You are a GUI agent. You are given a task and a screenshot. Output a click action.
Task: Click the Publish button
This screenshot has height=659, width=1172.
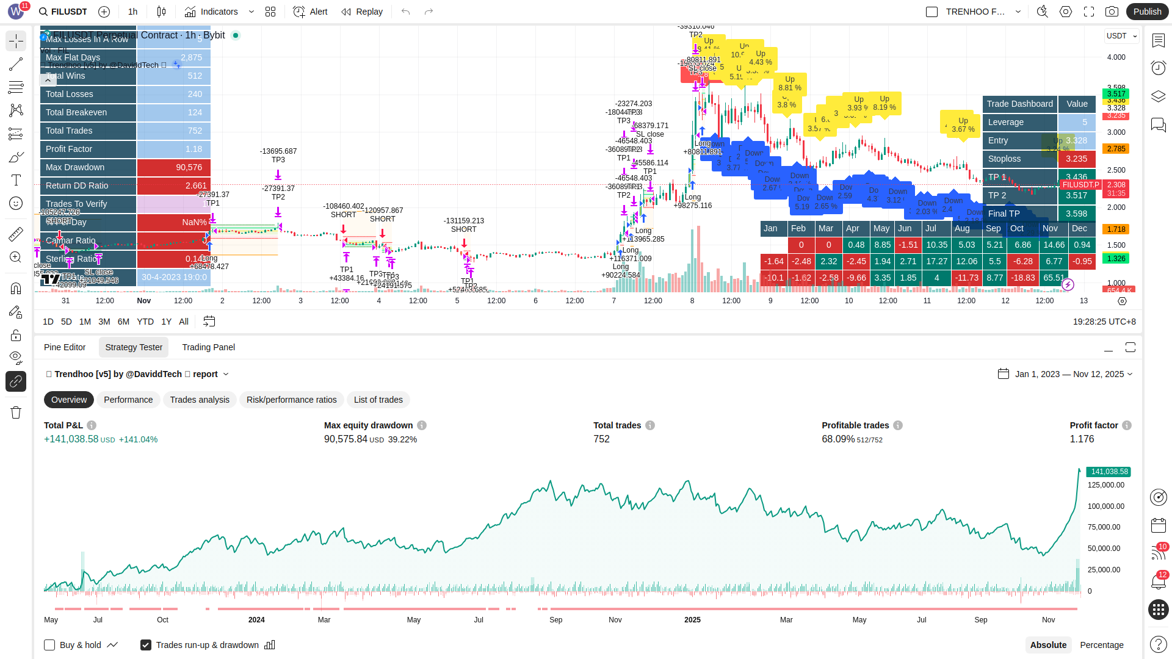(x=1147, y=12)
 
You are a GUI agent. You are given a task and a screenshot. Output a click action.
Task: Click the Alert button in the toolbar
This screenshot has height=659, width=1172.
(x=311, y=12)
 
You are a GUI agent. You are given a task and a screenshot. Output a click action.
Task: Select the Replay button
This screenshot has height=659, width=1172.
(x=362, y=12)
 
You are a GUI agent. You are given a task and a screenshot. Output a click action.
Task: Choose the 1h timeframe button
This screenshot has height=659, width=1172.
(x=132, y=12)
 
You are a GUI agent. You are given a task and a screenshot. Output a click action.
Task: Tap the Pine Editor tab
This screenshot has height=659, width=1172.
(x=65, y=347)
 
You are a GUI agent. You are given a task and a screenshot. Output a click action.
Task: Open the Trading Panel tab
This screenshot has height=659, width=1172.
(x=208, y=347)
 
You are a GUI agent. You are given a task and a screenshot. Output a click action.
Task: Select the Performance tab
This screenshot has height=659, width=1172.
(x=128, y=400)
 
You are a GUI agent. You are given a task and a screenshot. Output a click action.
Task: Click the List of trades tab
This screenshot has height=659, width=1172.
(x=378, y=400)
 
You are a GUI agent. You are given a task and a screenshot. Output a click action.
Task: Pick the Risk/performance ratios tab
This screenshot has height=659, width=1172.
(x=291, y=400)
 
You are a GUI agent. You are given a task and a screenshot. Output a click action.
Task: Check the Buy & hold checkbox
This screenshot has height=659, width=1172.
(x=50, y=645)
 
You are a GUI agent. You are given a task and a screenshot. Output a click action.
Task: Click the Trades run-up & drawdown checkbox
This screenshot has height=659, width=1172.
(x=146, y=645)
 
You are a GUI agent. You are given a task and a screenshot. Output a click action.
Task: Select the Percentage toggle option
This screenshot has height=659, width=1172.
(x=1101, y=645)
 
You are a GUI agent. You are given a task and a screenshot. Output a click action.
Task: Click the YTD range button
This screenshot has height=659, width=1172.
(x=145, y=322)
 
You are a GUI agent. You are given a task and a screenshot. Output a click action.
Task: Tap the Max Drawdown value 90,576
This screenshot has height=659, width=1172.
(x=174, y=167)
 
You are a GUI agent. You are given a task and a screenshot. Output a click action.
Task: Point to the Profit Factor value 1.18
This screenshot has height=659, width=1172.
(x=174, y=149)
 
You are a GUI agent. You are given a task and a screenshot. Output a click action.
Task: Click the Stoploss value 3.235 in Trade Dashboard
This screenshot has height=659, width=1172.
(x=1076, y=159)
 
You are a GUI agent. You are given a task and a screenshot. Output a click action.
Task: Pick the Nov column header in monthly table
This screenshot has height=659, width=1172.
(x=1050, y=228)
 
